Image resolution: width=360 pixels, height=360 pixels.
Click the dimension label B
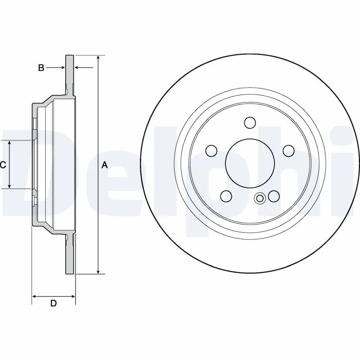pos(41,68)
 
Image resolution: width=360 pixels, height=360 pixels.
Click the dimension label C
pos(3,165)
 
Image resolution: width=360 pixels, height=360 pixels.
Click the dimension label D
pos(53,303)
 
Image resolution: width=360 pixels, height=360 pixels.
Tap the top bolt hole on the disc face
pos(250,122)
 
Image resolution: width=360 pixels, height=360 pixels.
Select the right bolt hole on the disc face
pos(288,151)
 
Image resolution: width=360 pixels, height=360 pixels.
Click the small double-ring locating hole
pos(260,198)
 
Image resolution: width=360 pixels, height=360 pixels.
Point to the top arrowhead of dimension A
pos(98,58)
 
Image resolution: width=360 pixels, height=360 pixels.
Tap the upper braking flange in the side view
pos(69,74)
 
